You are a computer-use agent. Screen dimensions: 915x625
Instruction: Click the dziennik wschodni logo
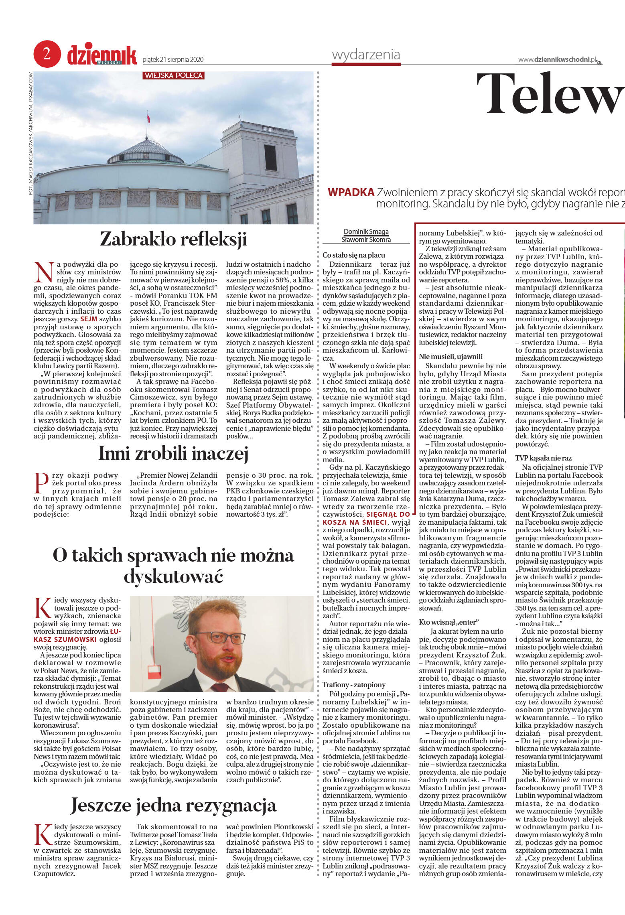pos(101,56)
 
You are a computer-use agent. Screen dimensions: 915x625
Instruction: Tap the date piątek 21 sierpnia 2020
pos(173,60)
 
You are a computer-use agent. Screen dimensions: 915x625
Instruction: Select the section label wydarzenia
pos(366,55)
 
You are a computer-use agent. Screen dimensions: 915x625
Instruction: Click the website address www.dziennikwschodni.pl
pos(557,60)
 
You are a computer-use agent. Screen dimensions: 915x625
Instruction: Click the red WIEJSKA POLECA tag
pos(173,75)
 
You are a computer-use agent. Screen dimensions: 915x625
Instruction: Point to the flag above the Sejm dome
pos(148,119)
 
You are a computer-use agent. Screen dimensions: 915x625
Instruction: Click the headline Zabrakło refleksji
pos(173,239)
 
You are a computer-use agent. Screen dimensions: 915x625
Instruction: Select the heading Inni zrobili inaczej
pos(173,454)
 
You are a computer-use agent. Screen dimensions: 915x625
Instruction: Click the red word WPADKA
pos(351,193)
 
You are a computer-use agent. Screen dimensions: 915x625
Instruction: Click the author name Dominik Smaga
pos(366,232)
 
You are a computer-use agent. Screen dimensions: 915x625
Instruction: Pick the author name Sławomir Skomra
pos(366,239)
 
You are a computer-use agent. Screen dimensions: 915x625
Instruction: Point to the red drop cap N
pos(44,271)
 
